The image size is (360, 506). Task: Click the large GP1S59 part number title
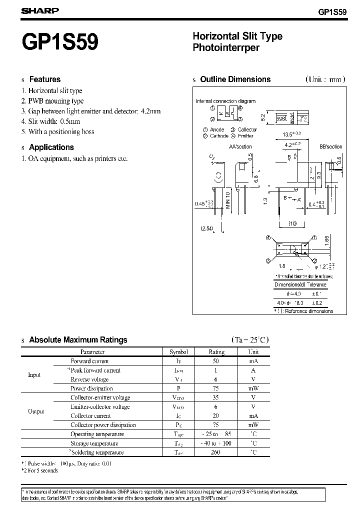tap(60, 41)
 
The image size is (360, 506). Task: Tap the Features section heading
tap(44, 79)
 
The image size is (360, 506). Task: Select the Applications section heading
tap(51, 147)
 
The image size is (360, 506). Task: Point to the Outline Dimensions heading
tap(235, 79)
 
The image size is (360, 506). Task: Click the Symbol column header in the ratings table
tap(178, 351)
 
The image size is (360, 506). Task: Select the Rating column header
tap(216, 351)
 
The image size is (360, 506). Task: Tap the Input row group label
tap(34, 375)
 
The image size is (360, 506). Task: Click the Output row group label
tap(36, 411)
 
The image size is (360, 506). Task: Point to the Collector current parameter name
tap(90, 416)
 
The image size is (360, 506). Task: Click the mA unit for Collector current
tap(253, 416)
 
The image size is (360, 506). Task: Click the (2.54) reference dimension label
tap(207, 228)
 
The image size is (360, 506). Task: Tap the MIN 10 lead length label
tap(227, 200)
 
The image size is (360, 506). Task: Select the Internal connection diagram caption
tap(225, 101)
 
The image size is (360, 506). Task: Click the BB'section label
tap(330, 146)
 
